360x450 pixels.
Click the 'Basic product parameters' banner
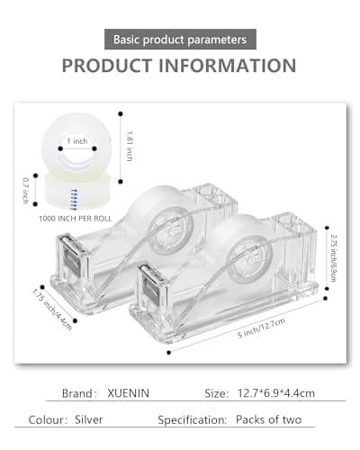(180, 40)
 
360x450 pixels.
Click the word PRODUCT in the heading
(107, 66)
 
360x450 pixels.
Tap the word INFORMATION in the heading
(228, 66)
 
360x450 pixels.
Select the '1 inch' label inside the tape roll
(77, 141)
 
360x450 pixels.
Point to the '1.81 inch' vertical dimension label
(130, 146)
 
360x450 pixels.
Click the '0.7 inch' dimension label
(26, 191)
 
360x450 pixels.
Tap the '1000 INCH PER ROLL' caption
(75, 219)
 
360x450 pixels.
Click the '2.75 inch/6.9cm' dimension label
(333, 257)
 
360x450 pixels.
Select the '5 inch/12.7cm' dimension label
(261, 328)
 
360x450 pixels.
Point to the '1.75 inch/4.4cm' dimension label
(52, 310)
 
